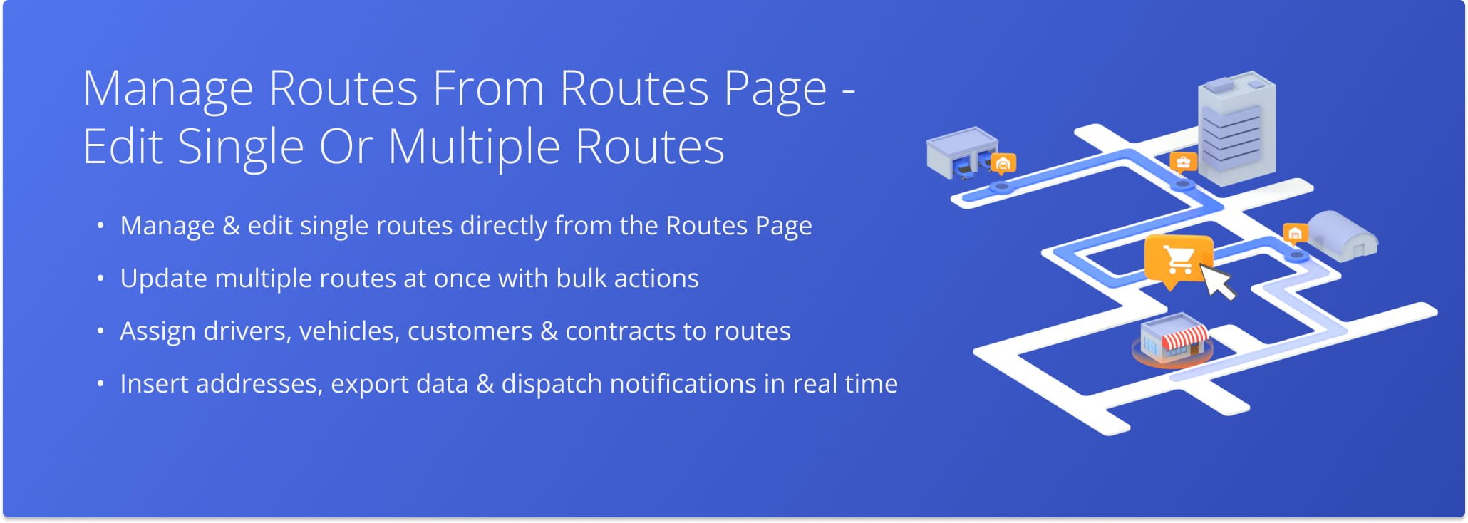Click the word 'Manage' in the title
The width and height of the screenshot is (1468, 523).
tap(168, 90)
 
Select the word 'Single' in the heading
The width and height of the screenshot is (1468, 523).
tap(241, 147)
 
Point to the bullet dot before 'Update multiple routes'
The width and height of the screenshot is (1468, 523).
tap(100, 279)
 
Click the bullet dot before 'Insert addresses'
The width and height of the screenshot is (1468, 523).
tap(100, 384)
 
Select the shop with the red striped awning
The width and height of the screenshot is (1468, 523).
tap(1172, 340)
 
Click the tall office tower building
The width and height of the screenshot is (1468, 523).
tap(1236, 127)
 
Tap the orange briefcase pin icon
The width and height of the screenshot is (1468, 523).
tap(1184, 163)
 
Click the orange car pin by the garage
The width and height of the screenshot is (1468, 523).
tap(1003, 165)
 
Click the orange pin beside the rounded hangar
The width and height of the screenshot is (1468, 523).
tap(1295, 234)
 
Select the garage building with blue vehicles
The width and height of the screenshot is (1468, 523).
tap(961, 152)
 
